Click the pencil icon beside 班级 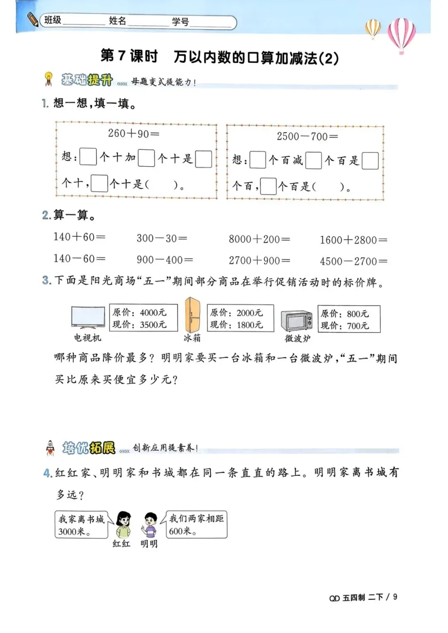(33, 19)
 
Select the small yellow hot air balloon (373, 28)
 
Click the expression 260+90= (134, 134)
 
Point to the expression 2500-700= (307, 136)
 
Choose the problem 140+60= (79, 237)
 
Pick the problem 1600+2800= (353, 240)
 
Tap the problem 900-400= (165, 260)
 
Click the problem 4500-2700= (353, 261)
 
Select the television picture (88, 318)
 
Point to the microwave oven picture (297, 321)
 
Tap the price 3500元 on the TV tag (153, 324)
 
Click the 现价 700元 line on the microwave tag (345, 326)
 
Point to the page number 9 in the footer (395, 596)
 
